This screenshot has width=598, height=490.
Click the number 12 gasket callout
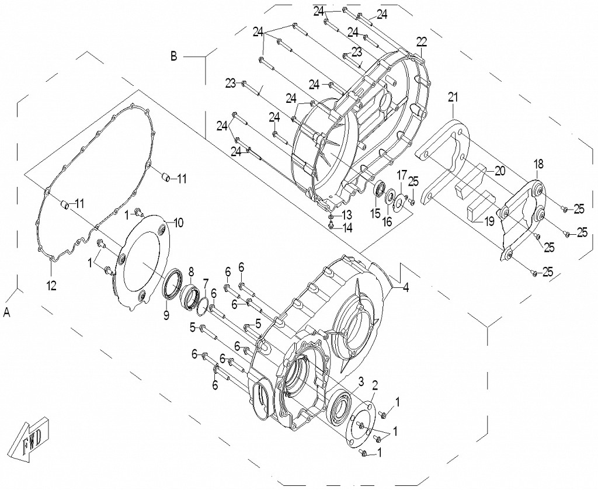(x=51, y=286)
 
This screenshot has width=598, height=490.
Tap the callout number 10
(x=178, y=223)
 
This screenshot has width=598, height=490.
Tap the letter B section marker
(x=173, y=57)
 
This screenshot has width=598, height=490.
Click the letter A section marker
(x=7, y=313)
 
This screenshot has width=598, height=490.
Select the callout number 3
(x=361, y=381)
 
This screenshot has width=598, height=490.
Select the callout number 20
(x=499, y=171)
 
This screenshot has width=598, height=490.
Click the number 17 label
(x=402, y=175)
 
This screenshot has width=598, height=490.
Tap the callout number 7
(x=206, y=283)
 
